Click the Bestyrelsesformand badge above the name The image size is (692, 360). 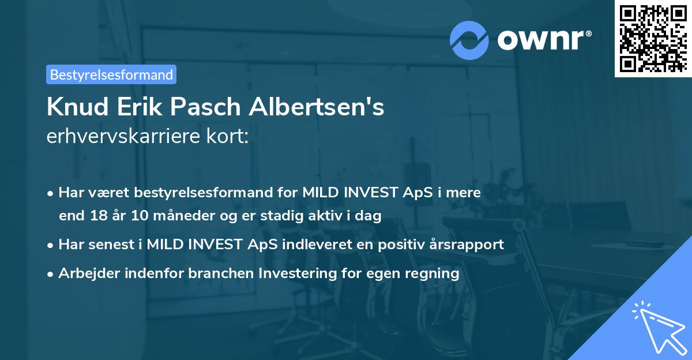pos(111,74)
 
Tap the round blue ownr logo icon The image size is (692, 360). pos(469,40)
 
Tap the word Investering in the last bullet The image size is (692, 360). pos(298,273)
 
